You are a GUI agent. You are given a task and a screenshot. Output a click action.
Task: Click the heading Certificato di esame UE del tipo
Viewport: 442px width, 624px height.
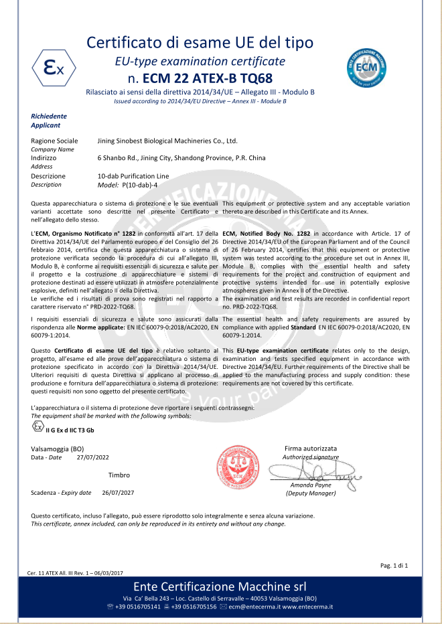coord(200,43)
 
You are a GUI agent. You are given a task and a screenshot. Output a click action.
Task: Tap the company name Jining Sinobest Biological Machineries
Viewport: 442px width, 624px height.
coord(167,141)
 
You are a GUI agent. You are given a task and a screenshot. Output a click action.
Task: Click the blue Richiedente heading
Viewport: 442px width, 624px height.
coord(49,116)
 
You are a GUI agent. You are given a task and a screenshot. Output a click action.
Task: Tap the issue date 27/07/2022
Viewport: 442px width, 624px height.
coord(92,458)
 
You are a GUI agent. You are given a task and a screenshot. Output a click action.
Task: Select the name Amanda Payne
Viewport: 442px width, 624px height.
coord(310,485)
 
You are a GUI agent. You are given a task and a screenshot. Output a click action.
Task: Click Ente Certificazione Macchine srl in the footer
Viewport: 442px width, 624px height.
coord(220,587)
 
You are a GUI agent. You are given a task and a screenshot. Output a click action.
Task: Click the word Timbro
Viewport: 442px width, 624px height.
coord(119,475)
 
